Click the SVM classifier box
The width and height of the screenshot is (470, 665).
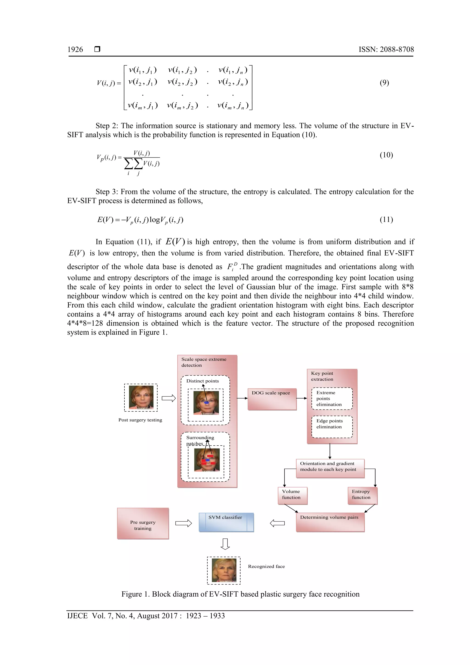pos(226,522)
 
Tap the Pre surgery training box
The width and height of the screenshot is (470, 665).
pos(143,523)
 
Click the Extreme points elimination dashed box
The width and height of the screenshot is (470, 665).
pos(332,398)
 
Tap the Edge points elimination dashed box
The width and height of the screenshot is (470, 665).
pos(332,427)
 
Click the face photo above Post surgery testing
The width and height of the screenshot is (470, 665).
pos(141,397)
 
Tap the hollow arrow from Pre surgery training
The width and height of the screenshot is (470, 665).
pos(184,523)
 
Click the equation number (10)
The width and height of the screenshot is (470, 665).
pos(386,155)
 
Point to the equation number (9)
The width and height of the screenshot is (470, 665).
pos(384,83)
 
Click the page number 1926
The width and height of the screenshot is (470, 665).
pos(75,50)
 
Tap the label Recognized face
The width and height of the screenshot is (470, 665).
pos(266,566)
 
